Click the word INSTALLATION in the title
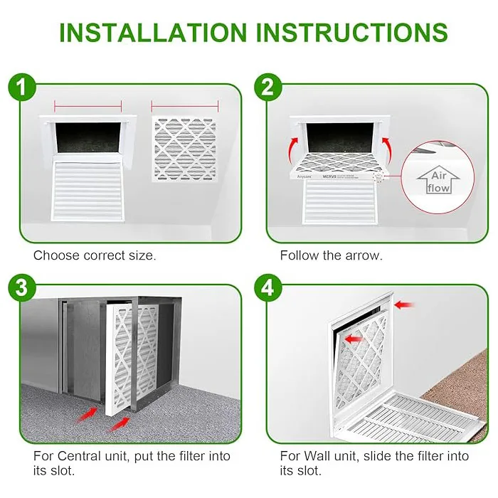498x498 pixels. [x=151, y=32]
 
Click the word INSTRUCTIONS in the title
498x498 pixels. [x=353, y=32]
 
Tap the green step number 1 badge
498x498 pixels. [x=26, y=88]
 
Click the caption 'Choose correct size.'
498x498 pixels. [x=95, y=255]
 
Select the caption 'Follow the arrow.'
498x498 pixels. [x=331, y=255]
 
